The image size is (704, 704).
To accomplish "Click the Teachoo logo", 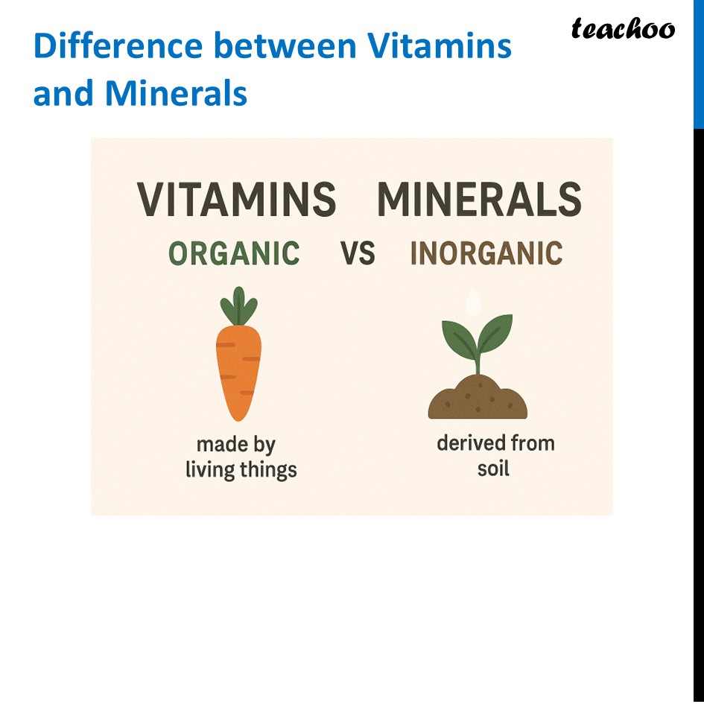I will point(623,29).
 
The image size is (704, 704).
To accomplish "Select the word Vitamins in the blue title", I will point(440,46).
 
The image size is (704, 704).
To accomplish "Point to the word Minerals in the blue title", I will point(176,94).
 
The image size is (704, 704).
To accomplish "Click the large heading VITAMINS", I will point(237,200).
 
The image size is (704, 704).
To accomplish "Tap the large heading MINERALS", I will point(479,200).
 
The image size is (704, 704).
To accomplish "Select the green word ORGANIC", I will point(234,254).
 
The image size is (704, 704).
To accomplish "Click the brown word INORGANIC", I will point(486,254).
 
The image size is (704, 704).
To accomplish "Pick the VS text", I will point(358,254).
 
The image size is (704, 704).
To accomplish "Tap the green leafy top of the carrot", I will point(238,305).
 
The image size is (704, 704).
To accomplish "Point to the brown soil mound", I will point(478,399).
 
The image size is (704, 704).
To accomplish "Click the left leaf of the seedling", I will point(458,339).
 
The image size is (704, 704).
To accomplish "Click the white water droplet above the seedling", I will point(472,301).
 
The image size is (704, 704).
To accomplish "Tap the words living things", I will point(241,470).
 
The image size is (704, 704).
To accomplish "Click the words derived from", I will point(495,443).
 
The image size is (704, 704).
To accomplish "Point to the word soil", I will point(493,469).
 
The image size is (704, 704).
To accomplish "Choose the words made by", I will point(236,445).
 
